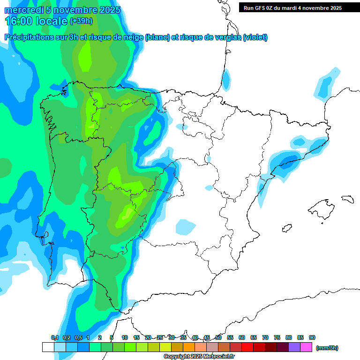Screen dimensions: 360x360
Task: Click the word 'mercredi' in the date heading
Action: (23, 10)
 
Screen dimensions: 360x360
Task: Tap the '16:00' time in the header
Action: (19, 21)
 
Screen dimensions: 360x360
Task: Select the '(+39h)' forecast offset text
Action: (81, 21)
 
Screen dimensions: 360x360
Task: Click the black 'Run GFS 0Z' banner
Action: (299, 8)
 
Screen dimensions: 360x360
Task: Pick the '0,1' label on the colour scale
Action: (55, 337)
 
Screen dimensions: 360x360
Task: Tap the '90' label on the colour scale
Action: (312, 337)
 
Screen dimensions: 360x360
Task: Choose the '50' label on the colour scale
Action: (218, 337)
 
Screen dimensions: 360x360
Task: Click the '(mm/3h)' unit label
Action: (327, 348)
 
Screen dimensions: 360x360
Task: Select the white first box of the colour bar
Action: (48, 347)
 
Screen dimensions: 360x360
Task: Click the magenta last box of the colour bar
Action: (306, 347)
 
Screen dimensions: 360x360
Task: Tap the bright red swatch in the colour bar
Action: (247, 347)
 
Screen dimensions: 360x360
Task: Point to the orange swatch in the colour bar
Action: (189, 347)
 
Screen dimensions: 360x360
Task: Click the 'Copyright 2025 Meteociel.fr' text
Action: (199, 357)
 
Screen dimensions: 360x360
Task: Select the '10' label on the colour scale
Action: (125, 337)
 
